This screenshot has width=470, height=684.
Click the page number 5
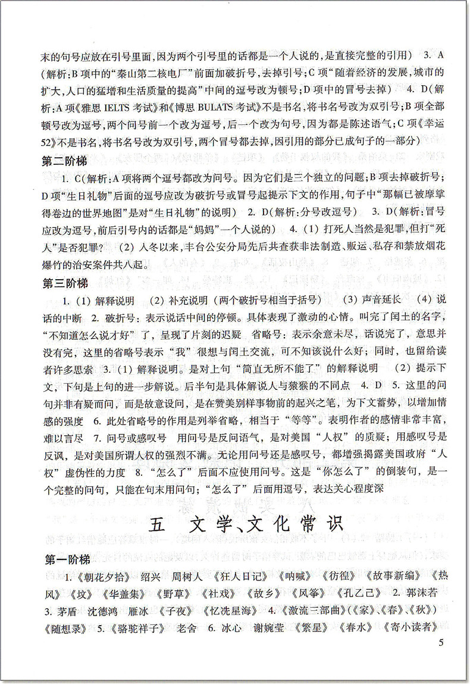point(441,642)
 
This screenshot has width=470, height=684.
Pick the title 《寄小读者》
point(411,627)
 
